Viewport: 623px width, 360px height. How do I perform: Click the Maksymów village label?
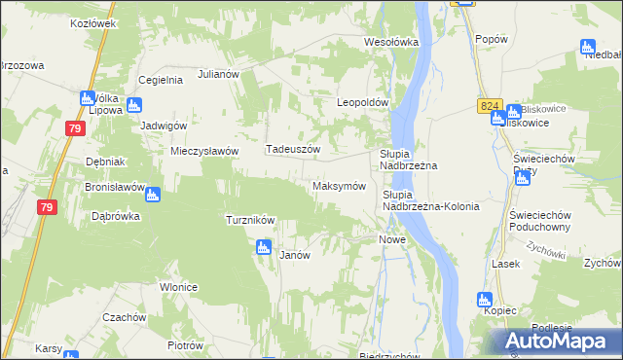(338, 186)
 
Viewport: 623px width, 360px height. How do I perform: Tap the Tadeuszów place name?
(293, 149)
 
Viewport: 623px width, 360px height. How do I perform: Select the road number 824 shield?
(490, 104)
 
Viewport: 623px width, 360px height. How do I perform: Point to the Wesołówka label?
(390, 42)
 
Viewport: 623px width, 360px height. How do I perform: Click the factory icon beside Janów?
(263, 248)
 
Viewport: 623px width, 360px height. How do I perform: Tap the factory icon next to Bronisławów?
(154, 194)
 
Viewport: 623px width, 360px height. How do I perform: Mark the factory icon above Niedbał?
(587, 46)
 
